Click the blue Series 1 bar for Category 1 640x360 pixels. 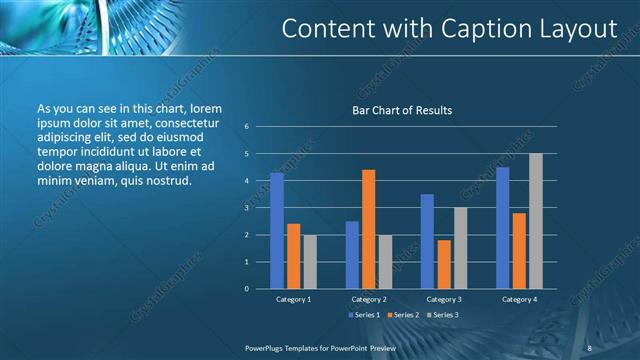(277, 230)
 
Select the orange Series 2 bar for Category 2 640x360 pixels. (368, 229)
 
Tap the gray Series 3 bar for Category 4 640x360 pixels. (535, 221)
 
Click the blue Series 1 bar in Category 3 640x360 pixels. (427, 241)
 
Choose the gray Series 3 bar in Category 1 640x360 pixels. (310, 261)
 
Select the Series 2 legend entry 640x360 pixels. (404, 315)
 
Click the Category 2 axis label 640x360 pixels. (368, 299)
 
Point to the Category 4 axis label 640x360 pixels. (518, 299)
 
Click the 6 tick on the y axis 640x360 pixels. (246, 127)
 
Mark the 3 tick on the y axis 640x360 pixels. (246, 208)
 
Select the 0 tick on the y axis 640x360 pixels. (246, 289)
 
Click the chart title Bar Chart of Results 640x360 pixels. (402, 110)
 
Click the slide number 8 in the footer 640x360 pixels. (589, 348)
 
